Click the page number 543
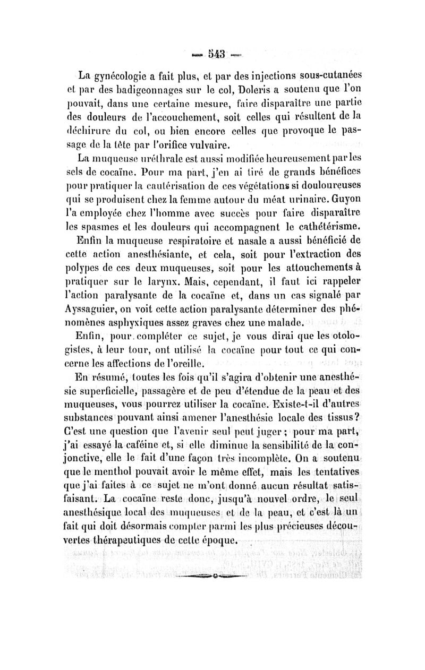click(x=213, y=53)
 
